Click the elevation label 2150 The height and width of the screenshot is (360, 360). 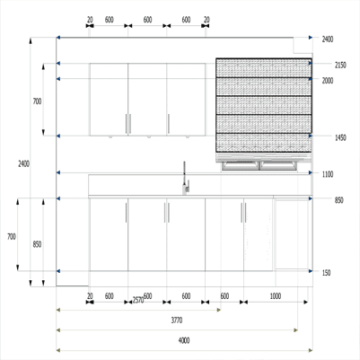point(340,65)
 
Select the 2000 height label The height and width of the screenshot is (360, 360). point(328,81)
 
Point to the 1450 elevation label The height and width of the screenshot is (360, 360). point(340,137)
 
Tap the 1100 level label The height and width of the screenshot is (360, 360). point(328,174)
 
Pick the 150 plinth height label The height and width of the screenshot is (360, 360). point(326,273)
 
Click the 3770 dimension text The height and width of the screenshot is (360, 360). point(177,320)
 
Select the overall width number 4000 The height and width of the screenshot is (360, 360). point(184,340)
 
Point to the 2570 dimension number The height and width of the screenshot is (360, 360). point(138,300)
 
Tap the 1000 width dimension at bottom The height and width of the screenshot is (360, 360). point(276,296)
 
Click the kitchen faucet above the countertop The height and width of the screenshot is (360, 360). point(185,179)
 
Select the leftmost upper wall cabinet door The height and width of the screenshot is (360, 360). point(109,100)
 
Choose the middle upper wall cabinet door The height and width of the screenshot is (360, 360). point(147,100)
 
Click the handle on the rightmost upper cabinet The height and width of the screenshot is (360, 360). point(169,124)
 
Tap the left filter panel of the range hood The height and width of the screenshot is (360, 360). point(241,165)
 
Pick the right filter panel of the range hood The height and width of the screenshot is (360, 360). point(278,165)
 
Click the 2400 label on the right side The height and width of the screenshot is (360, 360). point(328,40)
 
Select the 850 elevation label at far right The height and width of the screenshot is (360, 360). point(339,200)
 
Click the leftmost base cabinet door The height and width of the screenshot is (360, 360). point(109,234)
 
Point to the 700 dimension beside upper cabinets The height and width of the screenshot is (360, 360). point(37,101)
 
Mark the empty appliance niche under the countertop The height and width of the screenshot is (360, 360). point(292,235)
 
